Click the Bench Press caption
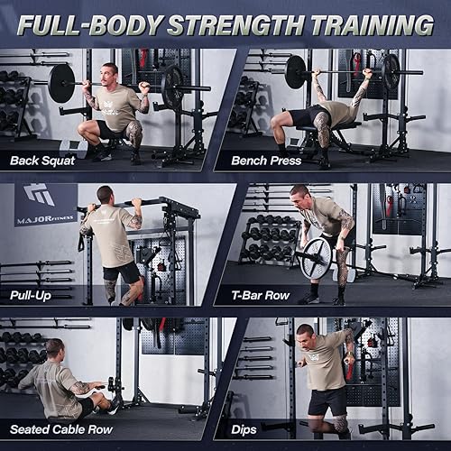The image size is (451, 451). pyautogui.click(x=267, y=161)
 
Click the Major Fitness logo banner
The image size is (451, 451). pyautogui.click(x=45, y=205)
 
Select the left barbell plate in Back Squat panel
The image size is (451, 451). pyautogui.click(x=61, y=83)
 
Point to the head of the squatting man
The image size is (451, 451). pyautogui.click(x=110, y=72)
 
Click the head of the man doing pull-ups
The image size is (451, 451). pyautogui.click(x=106, y=194)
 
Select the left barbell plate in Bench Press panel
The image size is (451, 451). pyautogui.click(x=295, y=72)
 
